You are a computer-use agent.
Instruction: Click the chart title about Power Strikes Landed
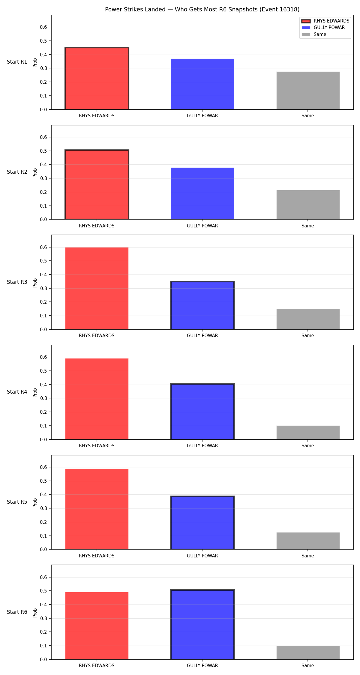point(202,10)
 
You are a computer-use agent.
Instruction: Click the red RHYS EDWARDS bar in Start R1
point(97,78)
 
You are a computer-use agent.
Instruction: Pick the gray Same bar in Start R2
point(308,205)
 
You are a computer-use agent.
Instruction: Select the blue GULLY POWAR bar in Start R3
point(202,305)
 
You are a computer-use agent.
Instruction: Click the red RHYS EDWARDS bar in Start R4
point(97,399)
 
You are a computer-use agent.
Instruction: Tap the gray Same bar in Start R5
point(308,541)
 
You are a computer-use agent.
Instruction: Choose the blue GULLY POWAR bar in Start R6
point(202,625)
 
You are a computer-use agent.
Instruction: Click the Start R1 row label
point(17,62)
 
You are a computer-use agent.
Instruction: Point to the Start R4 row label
point(17,392)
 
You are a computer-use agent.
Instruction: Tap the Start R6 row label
point(17,612)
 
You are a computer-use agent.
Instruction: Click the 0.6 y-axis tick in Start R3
point(43,247)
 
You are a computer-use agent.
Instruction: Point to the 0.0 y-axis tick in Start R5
point(43,549)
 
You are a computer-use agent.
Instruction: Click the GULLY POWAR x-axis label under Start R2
point(202,226)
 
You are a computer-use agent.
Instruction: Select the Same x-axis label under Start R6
point(308,665)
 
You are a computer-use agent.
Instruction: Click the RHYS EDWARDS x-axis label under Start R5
point(97,556)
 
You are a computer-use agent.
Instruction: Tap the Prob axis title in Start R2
point(35,172)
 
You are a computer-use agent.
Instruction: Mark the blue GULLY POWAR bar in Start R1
point(202,84)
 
